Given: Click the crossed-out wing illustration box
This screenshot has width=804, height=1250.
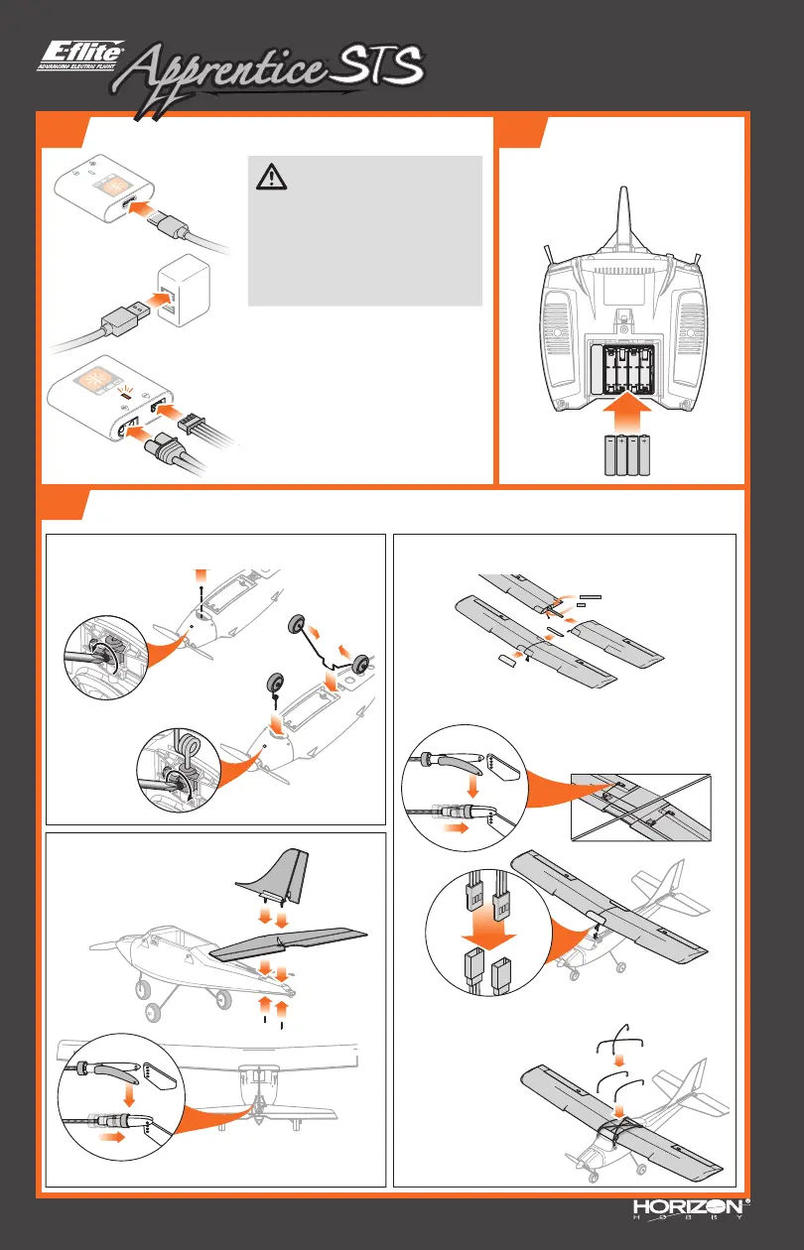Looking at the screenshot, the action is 640,807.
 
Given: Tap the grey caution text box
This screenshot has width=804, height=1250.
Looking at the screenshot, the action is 363,229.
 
